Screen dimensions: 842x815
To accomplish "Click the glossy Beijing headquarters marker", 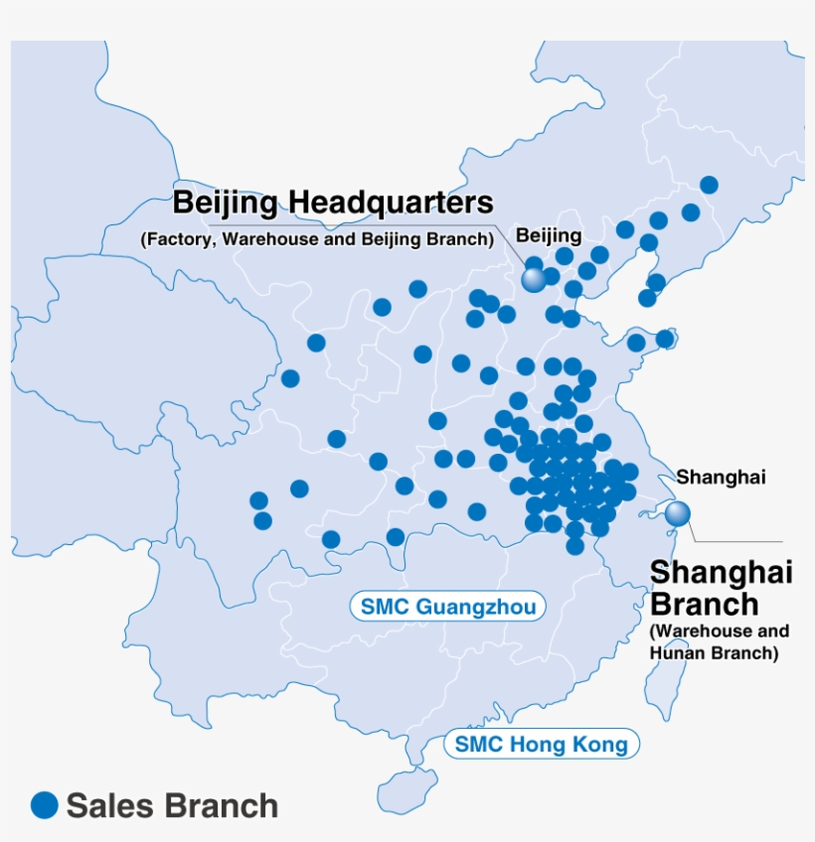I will pyautogui.click(x=534, y=280).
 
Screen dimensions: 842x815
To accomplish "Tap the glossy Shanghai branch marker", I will pyautogui.click(x=678, y=513).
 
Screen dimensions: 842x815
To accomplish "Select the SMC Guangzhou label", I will pyautogui.click(x=448, y=607).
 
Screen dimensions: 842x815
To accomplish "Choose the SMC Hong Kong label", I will pyautogui.click(x=541, y=744).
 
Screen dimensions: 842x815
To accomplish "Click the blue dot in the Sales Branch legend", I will pyautogui.click(x=45, y=804).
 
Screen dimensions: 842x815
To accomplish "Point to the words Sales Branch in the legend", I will pyautogui.click(x=172, y=805).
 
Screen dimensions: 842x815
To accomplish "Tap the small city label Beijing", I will pyautogui.click(x=548, y=235).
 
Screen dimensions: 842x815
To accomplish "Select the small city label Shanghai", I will pyautogui.click(x=721, y=478).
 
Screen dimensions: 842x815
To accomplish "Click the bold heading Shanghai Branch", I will pyautogui.click(x=720, y=589).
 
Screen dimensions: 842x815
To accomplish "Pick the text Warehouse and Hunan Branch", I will pyautogui.click(x=719, y=642).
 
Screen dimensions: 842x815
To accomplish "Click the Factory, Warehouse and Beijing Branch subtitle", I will pyautogui.click(x=317, y=239).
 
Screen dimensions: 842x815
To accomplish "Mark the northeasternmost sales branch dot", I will pyautogui.click(x=709, y=185).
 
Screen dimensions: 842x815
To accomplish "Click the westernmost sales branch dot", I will pyautogui.click(x=258, y=500).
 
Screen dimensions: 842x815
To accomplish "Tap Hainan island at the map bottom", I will pyautogui.click(x=405, y=790).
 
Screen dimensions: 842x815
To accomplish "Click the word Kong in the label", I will pyautogui.click(x=601, y=744).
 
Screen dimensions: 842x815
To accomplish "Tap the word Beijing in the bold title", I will pyautogui.click(x=229, y=204).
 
